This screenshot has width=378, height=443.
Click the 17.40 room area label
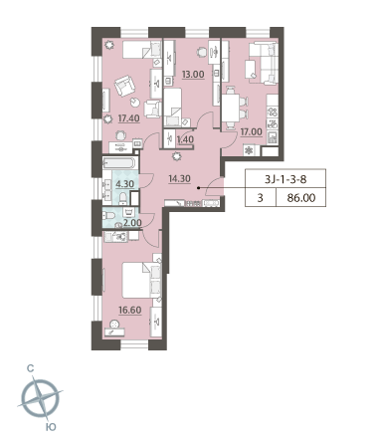pyautogui.click(x=128, y=118)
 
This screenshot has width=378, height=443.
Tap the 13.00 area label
pyautogui.click(x=193, y=75)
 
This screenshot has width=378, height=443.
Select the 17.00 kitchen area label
pyautogui.click(x=251, y=131)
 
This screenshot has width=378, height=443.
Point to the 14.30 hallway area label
pyautogui.click(x=179, y=179)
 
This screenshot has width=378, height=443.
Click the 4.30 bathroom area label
pyautogui.click(x=124, y=184)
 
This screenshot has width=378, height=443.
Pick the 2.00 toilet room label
pyautogui.click(x=132, y=223)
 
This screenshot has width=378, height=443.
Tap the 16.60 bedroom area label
pyautogui.click(x=130, y=310)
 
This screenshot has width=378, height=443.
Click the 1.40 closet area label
pyautogui.click(x=185, y=139)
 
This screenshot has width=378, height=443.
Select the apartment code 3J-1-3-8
pyautogui.click(x=285, y=179)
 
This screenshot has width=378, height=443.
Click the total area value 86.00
pyautogui.click(x=301, y=198)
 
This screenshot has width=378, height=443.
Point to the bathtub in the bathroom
pyautogui.click(x=119, y=162)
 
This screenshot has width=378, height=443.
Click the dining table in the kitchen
pyautogui.click(x=231, y=108)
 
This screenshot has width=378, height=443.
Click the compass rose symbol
pyautogui.click(x=41, y=397)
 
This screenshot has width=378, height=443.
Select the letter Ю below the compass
pyautogui.click(x=51, y=427)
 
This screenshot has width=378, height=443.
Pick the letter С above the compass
pyautogui.click(x=30, y=368)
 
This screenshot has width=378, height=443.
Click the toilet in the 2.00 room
pyautogui.click(x=108, y=216)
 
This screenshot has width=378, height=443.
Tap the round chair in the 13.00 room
pyautogui.click(x=201, y=52)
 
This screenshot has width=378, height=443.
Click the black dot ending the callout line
pyautogui.click(x=198, y=188)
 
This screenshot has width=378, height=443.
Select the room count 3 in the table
pyautogui.click(x=261, y=198)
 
